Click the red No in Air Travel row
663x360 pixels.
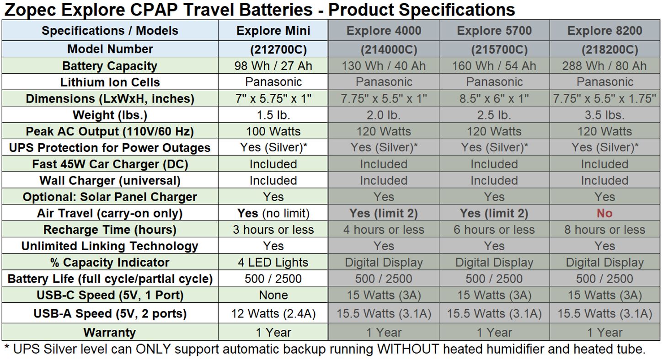click(x=604, y=213)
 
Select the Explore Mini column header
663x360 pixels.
click(x=273, y=31)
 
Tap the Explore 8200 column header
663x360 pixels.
click(x=604, y=31)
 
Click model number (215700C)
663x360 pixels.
click(x=499, y=49)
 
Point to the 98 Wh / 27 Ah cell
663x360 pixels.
click(x=273, y=66)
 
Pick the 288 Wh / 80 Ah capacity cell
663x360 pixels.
click(x=604, y=66)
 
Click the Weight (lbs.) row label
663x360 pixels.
click(x=110, y=115)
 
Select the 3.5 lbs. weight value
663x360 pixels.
click(x=604, y=115)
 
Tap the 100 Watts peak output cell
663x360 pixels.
click(x=273, y=131)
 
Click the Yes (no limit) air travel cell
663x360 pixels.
click(x=273, y=213)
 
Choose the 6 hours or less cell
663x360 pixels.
click(x=494, y=230)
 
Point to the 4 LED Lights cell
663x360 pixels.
click(x=273, y=262)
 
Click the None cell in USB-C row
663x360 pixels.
click(x=273, y=295)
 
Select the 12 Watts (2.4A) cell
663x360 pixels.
click(x=273, y=313)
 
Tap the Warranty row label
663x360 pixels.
click(x=110, y=332)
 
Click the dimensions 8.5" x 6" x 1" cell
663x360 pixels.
click(x=494, y=98)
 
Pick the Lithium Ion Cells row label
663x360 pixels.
click(x=110, y=82)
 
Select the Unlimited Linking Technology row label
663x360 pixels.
click(x=110, y=246)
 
